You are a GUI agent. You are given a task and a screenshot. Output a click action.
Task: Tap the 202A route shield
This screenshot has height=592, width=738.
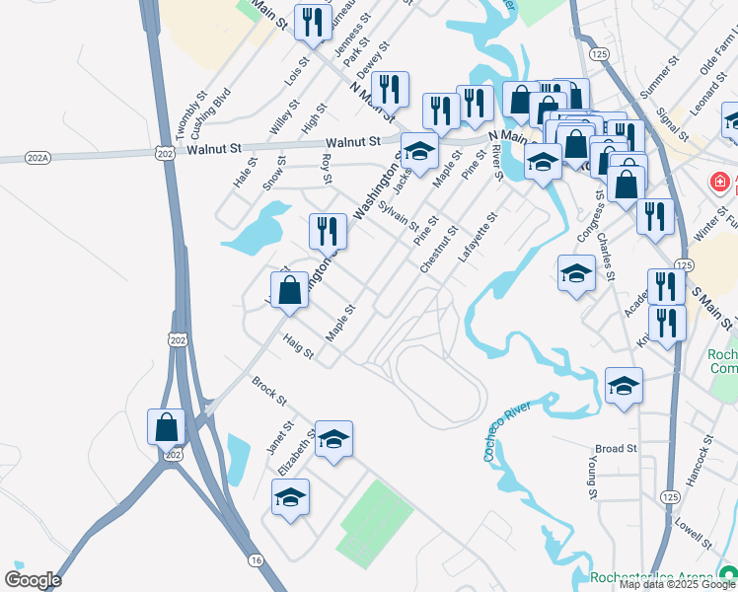(37, 158)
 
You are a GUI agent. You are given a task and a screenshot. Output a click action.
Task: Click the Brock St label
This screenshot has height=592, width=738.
(267, 391)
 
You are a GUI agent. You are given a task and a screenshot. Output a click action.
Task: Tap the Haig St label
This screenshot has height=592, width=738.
(297, 345)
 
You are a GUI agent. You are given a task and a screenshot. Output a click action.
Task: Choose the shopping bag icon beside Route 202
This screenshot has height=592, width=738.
(166, 426)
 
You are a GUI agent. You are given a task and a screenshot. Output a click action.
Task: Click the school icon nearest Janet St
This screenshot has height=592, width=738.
(290, 497)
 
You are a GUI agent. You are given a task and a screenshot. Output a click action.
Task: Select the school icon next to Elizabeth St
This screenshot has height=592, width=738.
(333, 439)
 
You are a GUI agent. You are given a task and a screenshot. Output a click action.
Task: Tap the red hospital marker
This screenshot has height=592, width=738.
(721, 184)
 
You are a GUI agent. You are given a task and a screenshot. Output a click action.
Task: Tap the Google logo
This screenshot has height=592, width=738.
(33, 580)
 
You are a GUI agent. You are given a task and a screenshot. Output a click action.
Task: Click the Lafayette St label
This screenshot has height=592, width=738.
(480, 238)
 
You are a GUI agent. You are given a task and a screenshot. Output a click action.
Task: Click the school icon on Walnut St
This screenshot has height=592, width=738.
(419, 152)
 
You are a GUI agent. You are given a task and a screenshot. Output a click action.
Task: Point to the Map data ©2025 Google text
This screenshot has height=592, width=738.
(677, 584)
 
